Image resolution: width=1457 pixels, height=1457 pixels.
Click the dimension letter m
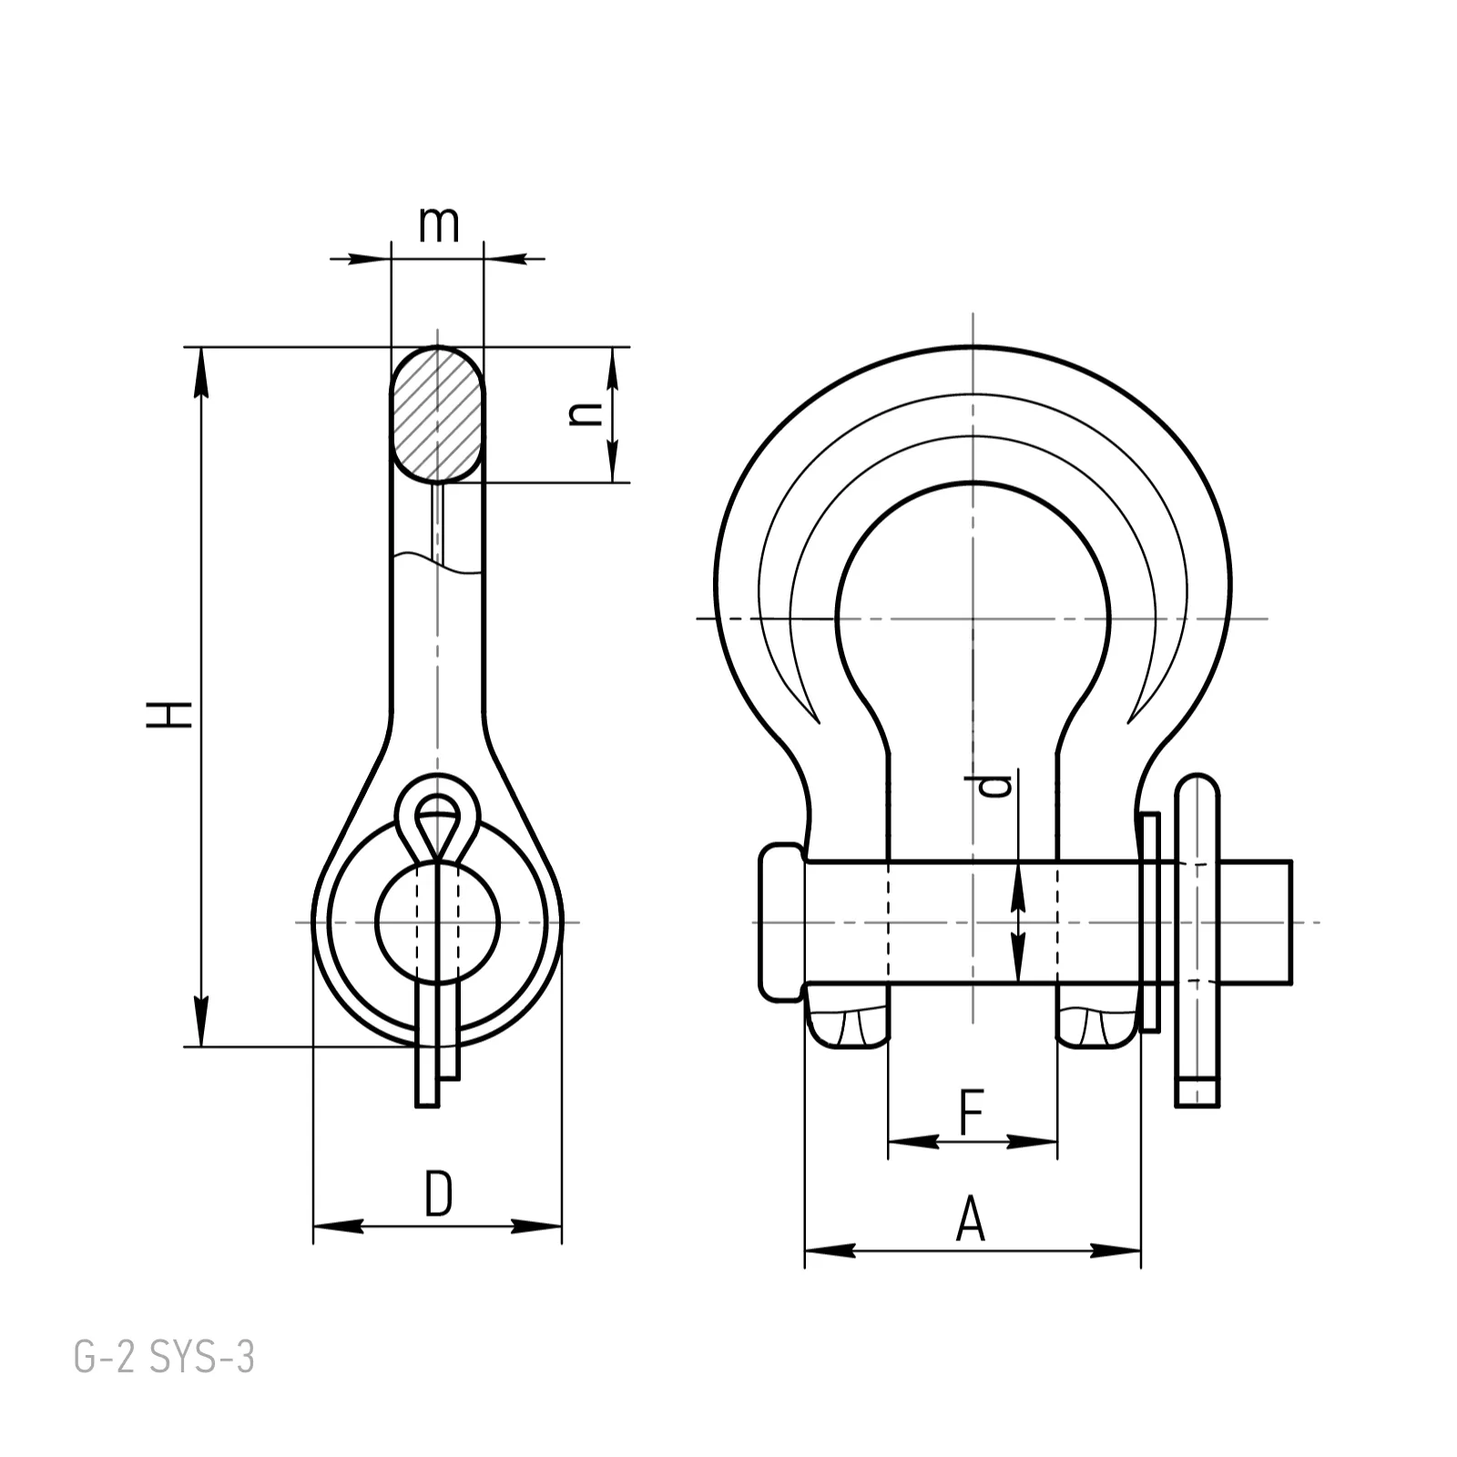point(439,225)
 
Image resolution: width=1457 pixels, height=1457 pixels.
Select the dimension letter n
point(585,414)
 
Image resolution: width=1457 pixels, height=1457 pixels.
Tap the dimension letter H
point(170,714)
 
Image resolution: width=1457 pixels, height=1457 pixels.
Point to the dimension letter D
point(439,1195)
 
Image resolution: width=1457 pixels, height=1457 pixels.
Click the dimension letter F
point(973,1111)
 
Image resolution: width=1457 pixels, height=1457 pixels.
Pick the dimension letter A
point(971,1220)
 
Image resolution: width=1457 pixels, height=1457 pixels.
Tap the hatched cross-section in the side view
point(438,414)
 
